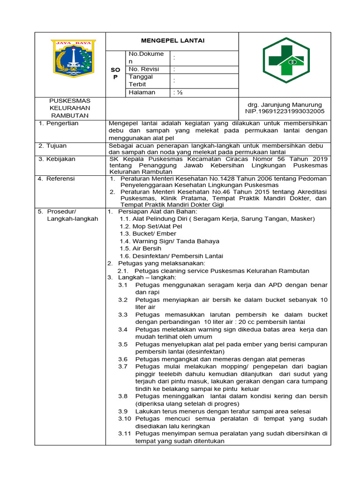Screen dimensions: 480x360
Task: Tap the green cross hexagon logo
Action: pos(285,60)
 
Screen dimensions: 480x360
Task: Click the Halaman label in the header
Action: pos(142,92)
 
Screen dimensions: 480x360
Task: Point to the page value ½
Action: pos(178,92)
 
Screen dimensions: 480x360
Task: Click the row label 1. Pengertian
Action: pos(59,123)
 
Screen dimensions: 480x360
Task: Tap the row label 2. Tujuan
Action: pos(54,146)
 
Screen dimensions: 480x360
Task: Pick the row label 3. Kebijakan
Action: pos(58,159)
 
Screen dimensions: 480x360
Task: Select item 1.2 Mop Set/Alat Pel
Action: pos(150,226)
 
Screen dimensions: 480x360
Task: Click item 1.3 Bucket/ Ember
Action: pos(148,233)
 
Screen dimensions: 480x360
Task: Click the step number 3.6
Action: pos(123,359)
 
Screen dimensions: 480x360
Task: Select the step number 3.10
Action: pos(124,418)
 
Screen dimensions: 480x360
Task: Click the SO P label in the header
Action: pos(116,73)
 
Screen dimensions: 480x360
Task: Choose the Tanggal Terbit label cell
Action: pos(141,80)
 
